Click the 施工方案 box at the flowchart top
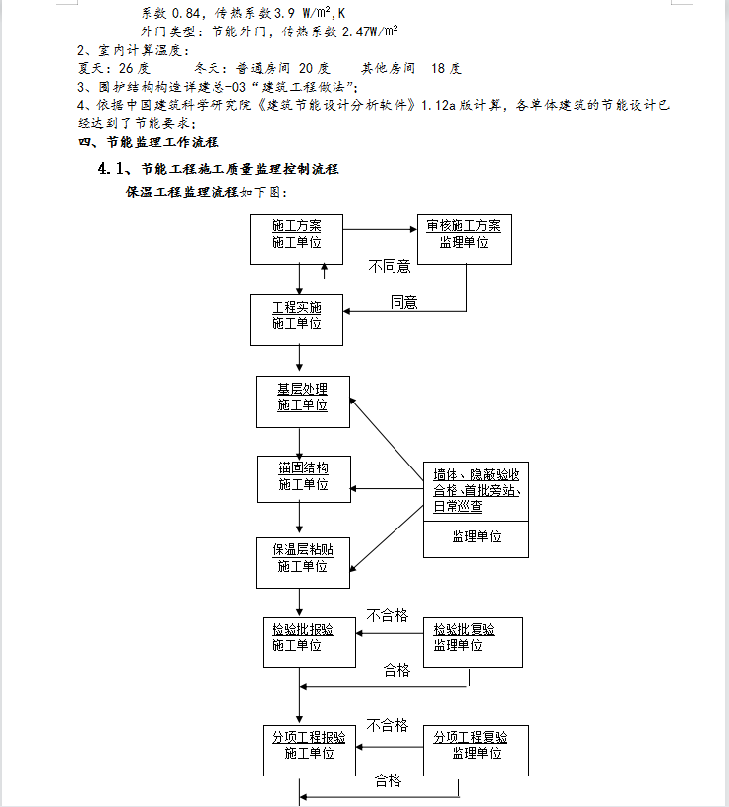point(296,239)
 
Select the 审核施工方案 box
point(464,239)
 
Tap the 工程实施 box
point(296,320)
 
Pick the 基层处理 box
point(303,402)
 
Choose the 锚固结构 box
point(304,479)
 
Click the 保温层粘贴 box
point(303,563)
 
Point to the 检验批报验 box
point(309,643)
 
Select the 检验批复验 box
point(473,643)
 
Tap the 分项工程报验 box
point(309,751)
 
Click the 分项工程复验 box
point(476,751)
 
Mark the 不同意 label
point(390,266)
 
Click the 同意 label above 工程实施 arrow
point(404,303)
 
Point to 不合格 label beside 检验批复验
point(388,615)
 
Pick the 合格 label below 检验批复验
point(396,670)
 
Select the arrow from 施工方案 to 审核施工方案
point(380,229)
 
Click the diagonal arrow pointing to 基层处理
point(387,439)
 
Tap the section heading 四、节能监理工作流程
point(149,142)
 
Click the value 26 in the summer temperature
point(126,68)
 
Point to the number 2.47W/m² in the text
point(370,31)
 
